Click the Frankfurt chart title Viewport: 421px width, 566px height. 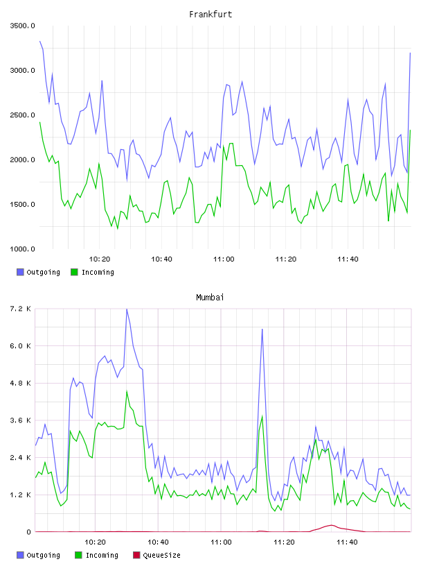coord(210,14)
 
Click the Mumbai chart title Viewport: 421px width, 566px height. coord(210,297)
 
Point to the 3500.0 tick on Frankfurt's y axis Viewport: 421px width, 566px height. coord(22,26)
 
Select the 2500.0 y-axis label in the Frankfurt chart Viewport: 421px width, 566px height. coord(22,115)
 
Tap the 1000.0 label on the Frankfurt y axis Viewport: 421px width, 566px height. coord(22,249)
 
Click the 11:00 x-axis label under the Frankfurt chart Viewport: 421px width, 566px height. coord(224,259)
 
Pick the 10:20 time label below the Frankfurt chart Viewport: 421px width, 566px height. coord(100,259)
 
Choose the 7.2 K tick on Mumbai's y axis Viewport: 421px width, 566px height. coord(20,309)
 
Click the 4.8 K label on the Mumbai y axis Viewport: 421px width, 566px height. coord(20,384)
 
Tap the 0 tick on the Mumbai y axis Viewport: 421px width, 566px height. coord(28,532)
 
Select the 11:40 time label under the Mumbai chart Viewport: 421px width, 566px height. coord(347,542)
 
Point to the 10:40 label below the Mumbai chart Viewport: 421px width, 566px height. coord(159,542)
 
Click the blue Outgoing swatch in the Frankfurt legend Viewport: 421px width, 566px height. coord(20,272)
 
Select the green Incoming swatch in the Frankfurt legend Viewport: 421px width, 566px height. coord(74,272)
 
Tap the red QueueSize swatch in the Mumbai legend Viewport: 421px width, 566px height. coord(136,555)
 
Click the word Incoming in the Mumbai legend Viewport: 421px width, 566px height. coord(102,555)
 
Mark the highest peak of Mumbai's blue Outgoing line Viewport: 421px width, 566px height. coord(127,309)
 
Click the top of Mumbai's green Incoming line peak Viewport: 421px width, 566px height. coord(127,391)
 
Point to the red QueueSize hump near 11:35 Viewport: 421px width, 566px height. coord(332,525)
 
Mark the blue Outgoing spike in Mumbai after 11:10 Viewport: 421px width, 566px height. coord(262,329)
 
